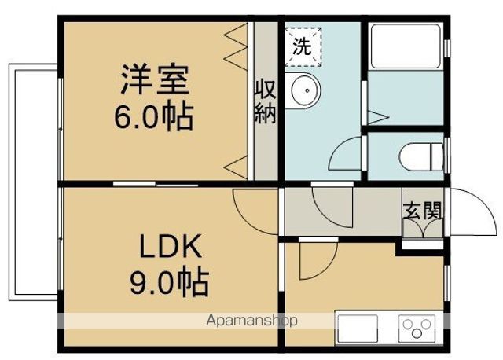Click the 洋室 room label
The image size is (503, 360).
pos(155,80)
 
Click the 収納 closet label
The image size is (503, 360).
pos(265,101)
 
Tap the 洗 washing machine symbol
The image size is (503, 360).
pos(303,45)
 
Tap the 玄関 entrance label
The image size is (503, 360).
pos(422,211)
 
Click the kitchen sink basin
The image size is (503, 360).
pos(358,327)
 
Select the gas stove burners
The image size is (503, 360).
pos(418,327)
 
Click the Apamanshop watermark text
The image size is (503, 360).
pos(251,321)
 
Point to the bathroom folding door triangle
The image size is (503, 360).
pos(377,118)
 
